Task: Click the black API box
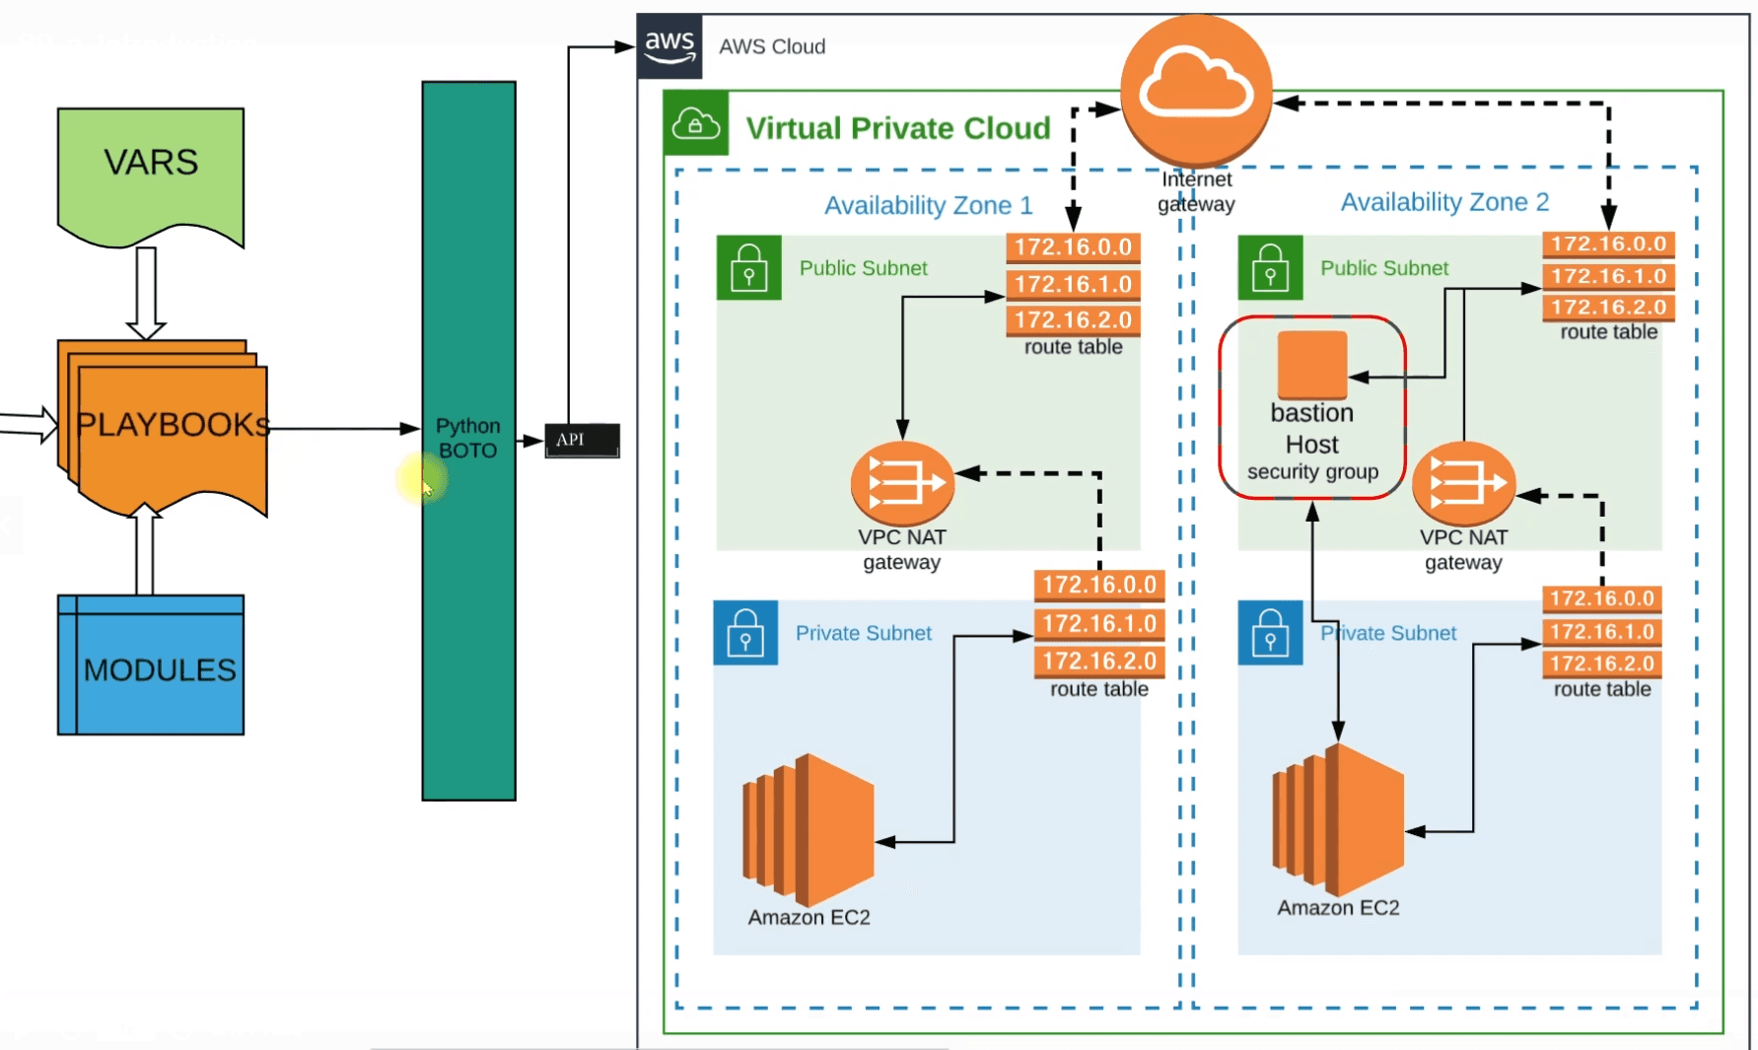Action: (x=582, y=440)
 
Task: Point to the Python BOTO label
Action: (x=468, y=438)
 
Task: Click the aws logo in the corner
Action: (x=669, y=45)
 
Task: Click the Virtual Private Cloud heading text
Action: (x=897, y=128)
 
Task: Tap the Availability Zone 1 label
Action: (x=928, y=205)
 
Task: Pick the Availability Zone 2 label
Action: (x=1444, y=202)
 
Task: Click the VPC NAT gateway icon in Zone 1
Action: (x=902, y=483)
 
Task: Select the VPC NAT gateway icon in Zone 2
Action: (x=1463, y=483)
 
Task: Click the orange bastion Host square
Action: (x=1311, y=364)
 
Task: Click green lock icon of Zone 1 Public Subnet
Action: (x=748, y=267)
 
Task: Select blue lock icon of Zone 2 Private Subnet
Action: (x=1270, y=633)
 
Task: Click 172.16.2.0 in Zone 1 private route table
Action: (x=1098, y=661)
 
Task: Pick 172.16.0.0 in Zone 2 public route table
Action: (x=1608, y=244)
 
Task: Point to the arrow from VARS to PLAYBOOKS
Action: (x=146, y=292)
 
